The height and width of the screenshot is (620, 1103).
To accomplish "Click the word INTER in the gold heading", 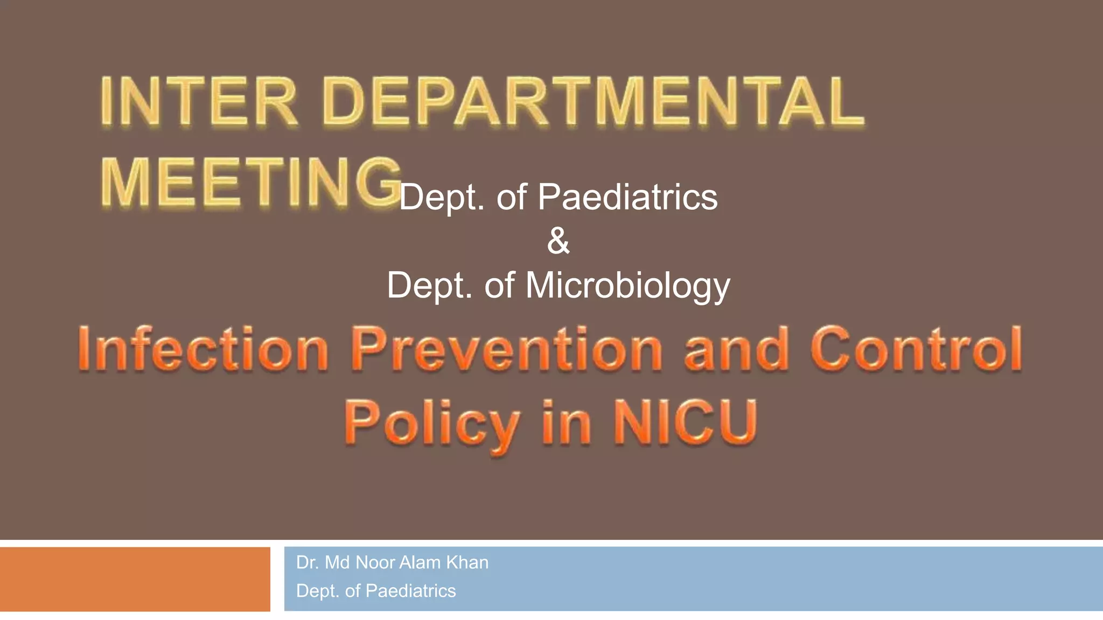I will tap(199, 102).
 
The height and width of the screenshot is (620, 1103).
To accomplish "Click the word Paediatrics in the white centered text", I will tap(627, 197).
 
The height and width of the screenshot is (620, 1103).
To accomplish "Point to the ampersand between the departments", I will tap(558, 241).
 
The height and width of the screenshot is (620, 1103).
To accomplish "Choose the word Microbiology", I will tap(627, 285).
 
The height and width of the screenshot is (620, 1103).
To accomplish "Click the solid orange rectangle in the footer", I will tap(135, 579).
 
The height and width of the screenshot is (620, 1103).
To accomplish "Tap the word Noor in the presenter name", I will tap(375, 562).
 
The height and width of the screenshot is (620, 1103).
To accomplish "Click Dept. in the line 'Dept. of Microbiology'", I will tap(429, 285).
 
